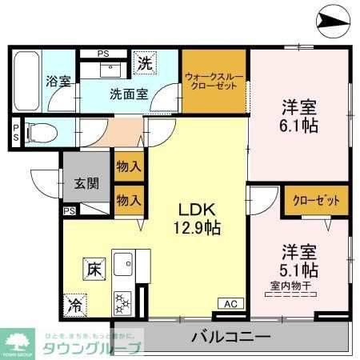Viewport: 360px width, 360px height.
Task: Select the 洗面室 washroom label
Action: (x=128, y=93)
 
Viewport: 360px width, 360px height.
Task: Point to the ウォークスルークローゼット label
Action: (x=214, y=81)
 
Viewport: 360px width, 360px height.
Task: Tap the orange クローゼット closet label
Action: (x=316, y=200)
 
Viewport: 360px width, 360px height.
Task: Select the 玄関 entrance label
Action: (x=88, y=183)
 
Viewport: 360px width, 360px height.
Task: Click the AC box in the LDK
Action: (x=230, y=303)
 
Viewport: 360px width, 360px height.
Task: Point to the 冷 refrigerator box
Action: (x=74, y=304)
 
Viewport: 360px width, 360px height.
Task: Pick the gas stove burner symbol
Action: (x=124, y=302)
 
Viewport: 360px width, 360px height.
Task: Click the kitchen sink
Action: (x=125, y=263)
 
